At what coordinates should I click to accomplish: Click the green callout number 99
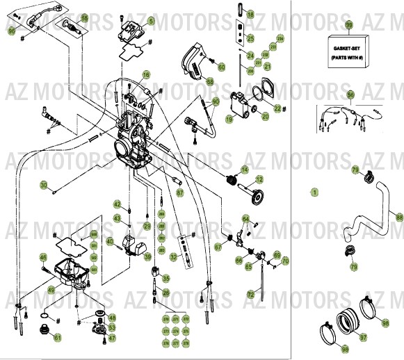pos(349,24)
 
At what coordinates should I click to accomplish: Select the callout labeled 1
pos(314,191)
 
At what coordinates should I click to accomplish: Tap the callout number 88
pos(398,218)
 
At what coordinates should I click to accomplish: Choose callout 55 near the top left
pos(84,18)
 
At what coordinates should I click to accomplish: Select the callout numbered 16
pos(146,74)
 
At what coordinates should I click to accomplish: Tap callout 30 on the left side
pos(43,186)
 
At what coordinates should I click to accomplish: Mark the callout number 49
pos(50,290)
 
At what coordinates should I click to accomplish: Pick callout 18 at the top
pos(251,13)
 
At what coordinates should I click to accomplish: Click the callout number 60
pos(221,67)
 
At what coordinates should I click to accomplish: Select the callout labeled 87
pos(179,193)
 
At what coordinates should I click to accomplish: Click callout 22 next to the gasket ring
pos(277,108)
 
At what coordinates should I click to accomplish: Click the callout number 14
pos(244,170)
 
